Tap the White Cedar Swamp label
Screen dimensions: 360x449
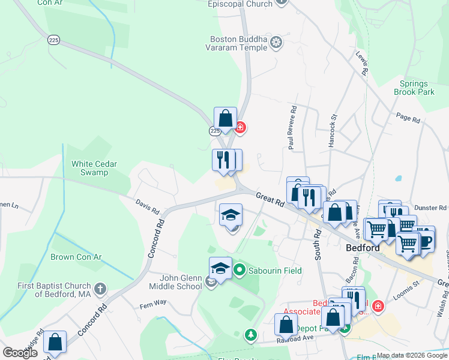point(94,168)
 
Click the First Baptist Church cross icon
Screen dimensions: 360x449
point(100,289)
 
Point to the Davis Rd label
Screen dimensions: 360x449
point(146,207)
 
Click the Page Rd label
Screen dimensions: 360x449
point(408,117)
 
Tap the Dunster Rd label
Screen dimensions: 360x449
point(432,207)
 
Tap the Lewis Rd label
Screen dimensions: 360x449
point(361,62)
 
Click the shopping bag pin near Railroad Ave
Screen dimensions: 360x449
point(286,324)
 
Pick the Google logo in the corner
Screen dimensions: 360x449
point(20,353)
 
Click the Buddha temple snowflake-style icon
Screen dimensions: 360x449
point(276,41)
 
